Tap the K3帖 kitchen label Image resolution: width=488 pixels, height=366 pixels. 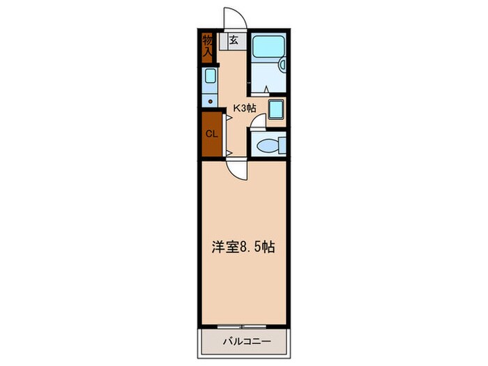coord(244,108)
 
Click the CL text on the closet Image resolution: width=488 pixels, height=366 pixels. coord(210,132)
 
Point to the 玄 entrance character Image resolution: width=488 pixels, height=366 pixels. coord(234,40)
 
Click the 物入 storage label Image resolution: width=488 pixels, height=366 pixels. coord(208,45)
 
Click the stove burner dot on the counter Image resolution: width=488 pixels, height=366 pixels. coord(209,100)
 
